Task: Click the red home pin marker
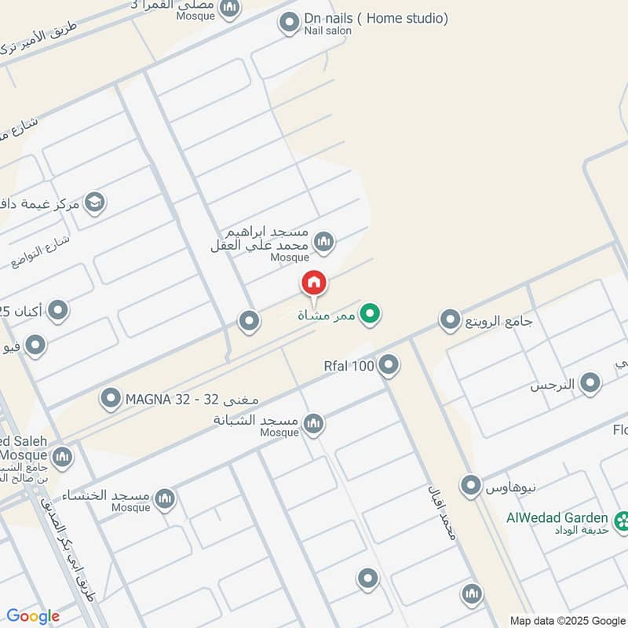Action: point(313,283)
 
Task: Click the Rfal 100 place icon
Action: point(388,365)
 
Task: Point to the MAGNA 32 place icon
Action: point(110,400)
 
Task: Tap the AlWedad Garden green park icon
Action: point(623,519)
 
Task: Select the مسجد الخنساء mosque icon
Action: point(164,498)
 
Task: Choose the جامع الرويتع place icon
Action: point(450,320)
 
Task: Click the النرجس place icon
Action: point(590,384)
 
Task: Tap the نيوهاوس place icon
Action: point(470,486)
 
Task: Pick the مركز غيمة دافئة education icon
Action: point(94,203)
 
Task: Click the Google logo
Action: point(33,616)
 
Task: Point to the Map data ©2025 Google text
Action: point(568,619)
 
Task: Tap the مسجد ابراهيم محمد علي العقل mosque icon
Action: point(323,242)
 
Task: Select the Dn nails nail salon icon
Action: point(289,22)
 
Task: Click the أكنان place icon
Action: point(57,312)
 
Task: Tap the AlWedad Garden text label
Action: point(557,518)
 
